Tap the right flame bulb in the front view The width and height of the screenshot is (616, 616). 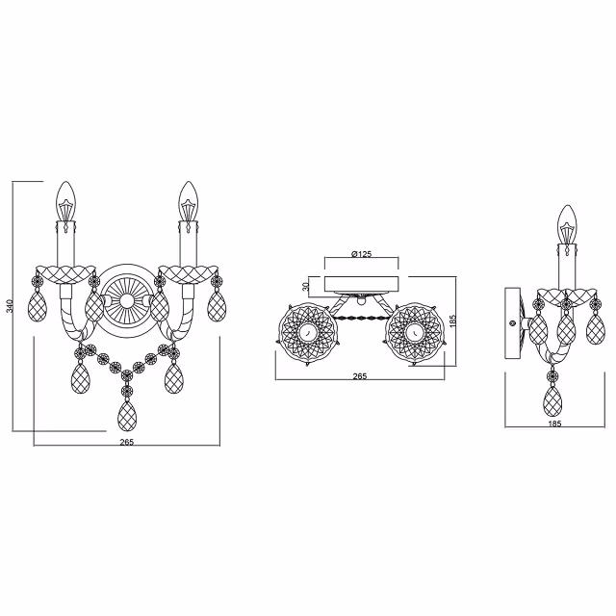(x=186, y=200)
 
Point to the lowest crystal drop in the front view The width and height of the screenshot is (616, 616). (x=126, y=415)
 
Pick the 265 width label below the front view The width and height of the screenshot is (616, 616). (x=126, y=442)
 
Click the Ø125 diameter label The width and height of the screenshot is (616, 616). (x=362, y=254)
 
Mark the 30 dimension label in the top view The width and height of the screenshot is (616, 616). (x=307, y=285)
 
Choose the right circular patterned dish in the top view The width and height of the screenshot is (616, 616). (x=413, y=332)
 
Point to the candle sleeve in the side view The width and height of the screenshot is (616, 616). (x=568, y=266)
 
